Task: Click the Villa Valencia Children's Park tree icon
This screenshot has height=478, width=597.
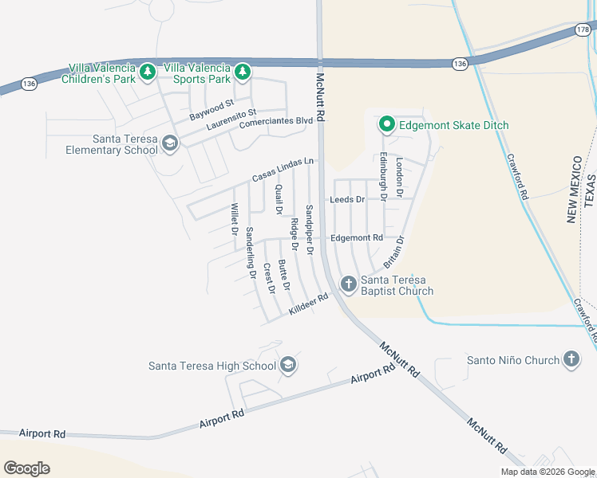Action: [147, 73]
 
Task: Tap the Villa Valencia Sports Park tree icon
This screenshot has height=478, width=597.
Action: [242, 73]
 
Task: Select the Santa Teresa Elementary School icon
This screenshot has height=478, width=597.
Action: [169, 143]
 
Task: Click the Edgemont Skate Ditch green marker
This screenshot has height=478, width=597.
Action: [387, 124]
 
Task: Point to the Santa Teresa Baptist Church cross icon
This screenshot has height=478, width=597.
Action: [348, 284]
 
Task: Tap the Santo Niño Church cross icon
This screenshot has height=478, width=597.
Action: [571, 360]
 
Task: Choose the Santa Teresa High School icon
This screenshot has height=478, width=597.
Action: [288, 366]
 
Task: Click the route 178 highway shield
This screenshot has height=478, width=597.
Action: [582, 29]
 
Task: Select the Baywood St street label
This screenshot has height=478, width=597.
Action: [212, 110]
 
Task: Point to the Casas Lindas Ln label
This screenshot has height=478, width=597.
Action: [283, 169]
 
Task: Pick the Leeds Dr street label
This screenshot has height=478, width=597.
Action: [347, 199]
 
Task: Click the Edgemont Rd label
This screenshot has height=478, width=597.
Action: [356, 237]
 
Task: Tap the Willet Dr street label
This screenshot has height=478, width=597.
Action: [235, 219]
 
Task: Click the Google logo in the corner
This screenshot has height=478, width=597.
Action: [26, 468]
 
